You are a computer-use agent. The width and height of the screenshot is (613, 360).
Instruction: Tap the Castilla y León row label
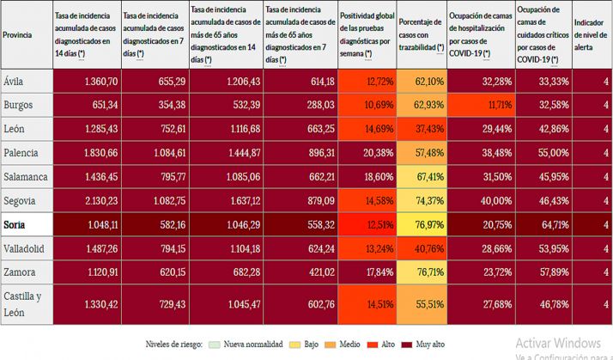click(24, 303)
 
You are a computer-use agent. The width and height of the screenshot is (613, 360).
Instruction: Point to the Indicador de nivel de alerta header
click(591, 34)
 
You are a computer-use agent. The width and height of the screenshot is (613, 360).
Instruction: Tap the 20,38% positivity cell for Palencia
click(366, 153)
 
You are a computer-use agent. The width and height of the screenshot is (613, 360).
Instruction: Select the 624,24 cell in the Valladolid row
click(301, 249)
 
